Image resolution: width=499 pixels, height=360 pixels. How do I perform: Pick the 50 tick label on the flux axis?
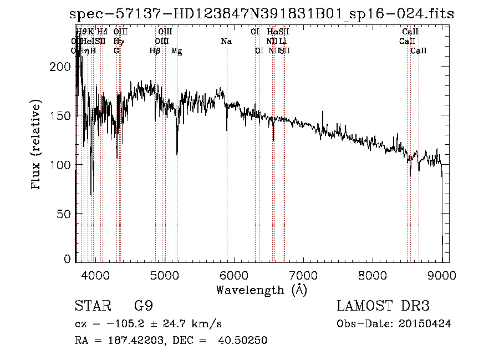(x=64, y=214)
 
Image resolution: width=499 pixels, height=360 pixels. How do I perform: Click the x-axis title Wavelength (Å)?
(x=261, y=290)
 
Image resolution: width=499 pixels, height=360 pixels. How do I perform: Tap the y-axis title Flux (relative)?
(x=37, y=145)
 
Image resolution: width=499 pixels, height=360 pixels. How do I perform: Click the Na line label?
(x=226, y=42)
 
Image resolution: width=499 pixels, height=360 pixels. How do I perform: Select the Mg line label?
(x=177, y=51)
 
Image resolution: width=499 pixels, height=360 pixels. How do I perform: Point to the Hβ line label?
(x=155, y=51)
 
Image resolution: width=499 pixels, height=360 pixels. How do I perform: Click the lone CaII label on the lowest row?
(x=419, y=51)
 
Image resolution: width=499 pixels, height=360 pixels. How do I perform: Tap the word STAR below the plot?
(x=89, y=306)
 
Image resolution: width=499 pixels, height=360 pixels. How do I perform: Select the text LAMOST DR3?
(x=383, y=306)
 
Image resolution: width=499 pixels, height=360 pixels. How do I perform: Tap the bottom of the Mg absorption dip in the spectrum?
(x=177, y=154)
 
